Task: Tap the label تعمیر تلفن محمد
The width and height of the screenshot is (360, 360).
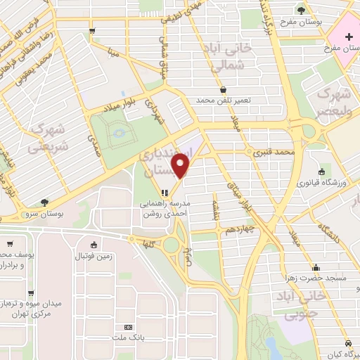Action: [223, 101]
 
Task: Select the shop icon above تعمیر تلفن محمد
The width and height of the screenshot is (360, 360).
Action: [223, 90]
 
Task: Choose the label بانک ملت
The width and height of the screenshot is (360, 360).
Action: [127, 339]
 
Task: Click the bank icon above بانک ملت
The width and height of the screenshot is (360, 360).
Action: [127, 327]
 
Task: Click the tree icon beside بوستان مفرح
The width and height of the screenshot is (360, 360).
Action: [301, 10]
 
